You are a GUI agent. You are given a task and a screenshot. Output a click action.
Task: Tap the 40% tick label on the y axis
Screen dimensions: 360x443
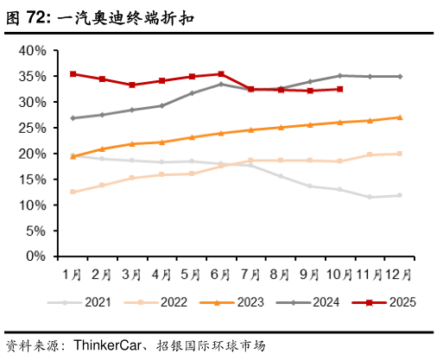(32, 50)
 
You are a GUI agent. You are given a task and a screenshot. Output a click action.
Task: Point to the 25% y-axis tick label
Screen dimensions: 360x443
(32, 128)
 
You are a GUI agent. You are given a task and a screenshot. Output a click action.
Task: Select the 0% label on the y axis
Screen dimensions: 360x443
(35, 256)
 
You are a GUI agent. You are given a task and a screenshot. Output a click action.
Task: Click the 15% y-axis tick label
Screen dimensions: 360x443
(32, 180)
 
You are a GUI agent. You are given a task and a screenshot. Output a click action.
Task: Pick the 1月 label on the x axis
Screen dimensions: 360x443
(73, 275)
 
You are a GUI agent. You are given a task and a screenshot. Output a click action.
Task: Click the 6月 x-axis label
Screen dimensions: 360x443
(221, 275)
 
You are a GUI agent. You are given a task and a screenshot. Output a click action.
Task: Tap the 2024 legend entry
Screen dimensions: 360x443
(308, 302)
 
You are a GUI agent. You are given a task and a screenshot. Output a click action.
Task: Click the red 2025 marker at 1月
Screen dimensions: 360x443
(73, 74)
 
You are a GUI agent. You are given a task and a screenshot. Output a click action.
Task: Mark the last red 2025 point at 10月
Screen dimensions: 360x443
(340, 89)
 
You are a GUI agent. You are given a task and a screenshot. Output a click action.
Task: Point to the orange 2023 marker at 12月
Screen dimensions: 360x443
(400, 117)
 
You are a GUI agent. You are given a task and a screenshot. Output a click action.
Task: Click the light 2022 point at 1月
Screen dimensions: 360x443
(73, 192)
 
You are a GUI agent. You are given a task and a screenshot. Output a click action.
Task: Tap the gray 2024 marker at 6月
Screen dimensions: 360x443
(222, 84)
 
